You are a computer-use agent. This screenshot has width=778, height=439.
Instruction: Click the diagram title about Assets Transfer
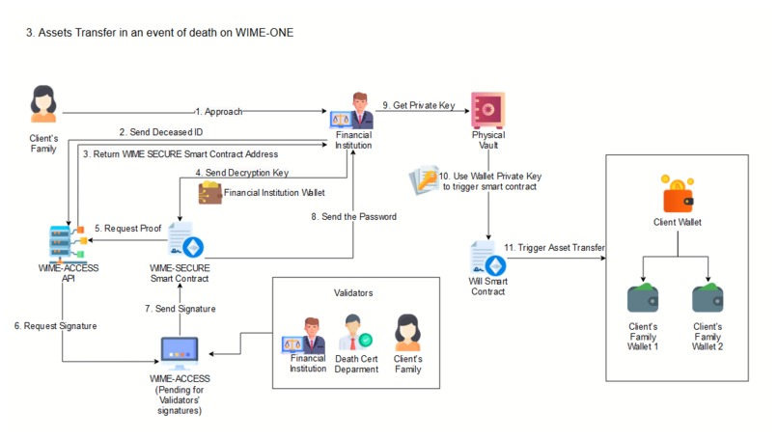159,33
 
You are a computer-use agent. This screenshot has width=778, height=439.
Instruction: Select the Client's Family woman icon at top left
43,104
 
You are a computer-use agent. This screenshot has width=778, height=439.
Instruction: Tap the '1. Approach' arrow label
219,111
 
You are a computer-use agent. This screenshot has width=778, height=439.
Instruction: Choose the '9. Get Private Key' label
418,105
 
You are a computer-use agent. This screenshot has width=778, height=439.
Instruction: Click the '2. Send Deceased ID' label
160,131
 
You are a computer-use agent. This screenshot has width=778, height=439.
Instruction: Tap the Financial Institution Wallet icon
209,193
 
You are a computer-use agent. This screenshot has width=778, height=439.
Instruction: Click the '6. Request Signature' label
55,326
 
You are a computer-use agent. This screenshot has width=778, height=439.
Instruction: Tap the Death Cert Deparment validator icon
356,334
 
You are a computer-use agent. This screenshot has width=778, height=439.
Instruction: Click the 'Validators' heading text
353,290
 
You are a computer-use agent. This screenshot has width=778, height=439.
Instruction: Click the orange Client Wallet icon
679,194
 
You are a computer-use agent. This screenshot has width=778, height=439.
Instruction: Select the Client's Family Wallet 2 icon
707,297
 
